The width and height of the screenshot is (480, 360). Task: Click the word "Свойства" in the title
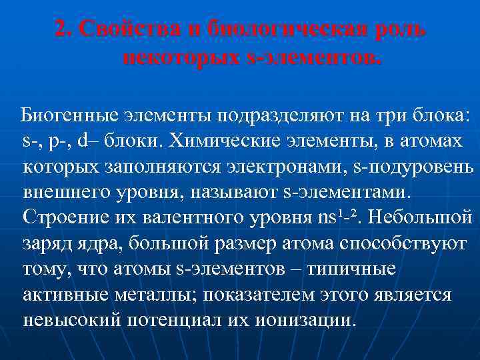tap(127, 30)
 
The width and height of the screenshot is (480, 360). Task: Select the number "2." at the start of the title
tap(63, 30)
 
